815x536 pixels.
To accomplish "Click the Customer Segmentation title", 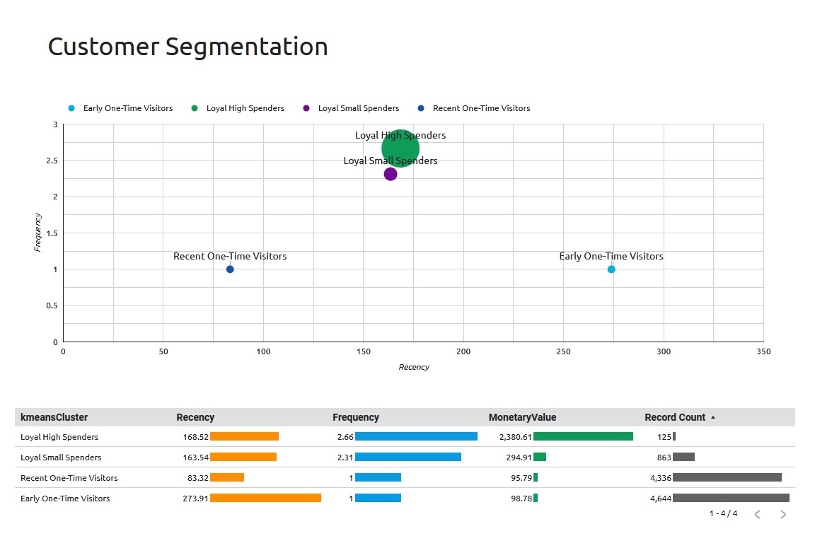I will (187, 47).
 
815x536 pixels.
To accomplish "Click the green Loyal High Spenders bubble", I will (400, 148).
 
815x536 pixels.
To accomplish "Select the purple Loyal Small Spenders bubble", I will (391, 174).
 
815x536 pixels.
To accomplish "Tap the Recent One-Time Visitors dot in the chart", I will (230, 269).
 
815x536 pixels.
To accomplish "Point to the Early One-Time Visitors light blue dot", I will (611, 269).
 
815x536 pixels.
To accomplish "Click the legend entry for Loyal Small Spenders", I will (358, 108).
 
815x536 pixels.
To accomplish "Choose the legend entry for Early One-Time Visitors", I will (127, 108).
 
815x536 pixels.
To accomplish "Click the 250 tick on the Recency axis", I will (563, 351).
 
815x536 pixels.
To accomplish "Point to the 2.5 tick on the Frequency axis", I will (52, 161).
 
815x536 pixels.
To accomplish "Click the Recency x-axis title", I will (414, 367).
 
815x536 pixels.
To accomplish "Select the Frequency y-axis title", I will (38, 233).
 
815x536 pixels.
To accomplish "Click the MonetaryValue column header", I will (522, 417).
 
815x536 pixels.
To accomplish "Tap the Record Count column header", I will (675, 417).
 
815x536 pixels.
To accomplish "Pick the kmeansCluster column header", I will (54, 417).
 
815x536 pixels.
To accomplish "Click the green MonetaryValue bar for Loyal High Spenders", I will (583, 437).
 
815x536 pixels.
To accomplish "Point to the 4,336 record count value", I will (660, 478).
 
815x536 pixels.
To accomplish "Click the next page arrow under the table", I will (783, 514).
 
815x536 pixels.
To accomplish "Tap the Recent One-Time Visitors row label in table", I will (69, 478).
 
